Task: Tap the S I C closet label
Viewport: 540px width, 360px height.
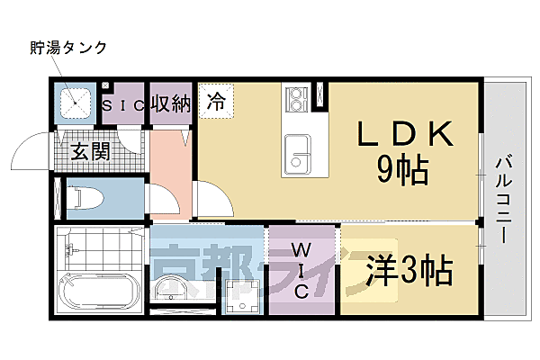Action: pyautogui.click(x=124, y=105)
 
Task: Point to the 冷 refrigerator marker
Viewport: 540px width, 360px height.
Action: pyautogui.click(x=217, y=102)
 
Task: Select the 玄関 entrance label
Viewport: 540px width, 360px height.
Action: pyautogui.click(x=90, y=150)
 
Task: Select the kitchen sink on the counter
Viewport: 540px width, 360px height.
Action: pyautogui.click(x=296, y=152)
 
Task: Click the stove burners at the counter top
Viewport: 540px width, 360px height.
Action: pyautogui.click(x=295, y=98)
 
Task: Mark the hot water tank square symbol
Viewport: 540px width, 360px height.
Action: pyautogui.click(x=76, y=103)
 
